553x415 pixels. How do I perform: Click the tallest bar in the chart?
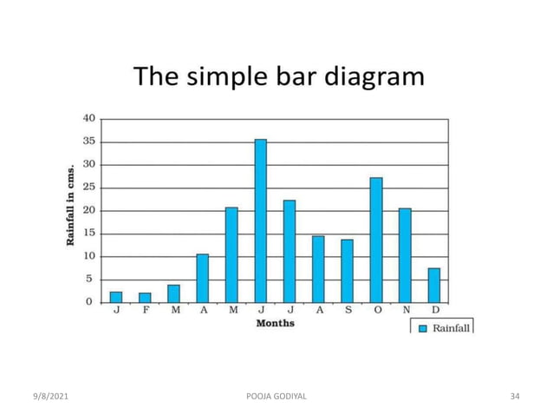pos(260,221)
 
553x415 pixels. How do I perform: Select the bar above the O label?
pos(376,240)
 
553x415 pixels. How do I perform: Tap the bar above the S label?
pos(347,271)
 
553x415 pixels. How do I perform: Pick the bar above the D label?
pos(434,285)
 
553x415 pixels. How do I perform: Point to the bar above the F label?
pos(145,297)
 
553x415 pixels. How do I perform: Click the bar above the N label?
pos(405,255)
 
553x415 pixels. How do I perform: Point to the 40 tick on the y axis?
pos(88,118)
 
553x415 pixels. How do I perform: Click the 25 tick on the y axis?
pos(88,188)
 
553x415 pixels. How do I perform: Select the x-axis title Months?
pos(275,324)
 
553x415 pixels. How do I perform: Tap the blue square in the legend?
pos(423,328)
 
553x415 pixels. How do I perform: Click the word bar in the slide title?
pos(286,77)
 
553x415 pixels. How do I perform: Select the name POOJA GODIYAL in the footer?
pos(276,397)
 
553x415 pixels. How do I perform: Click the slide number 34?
pos(515,397)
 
